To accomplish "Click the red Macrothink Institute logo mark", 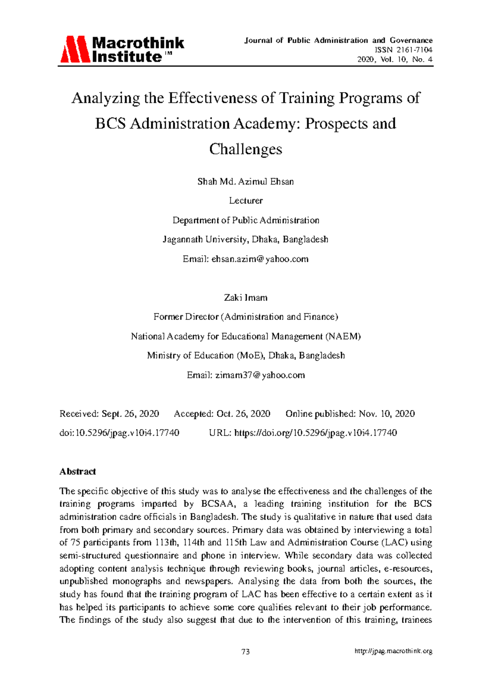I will point(75,49).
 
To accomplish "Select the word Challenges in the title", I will point(246,149).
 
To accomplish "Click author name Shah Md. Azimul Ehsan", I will point(246,182).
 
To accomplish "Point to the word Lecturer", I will point(246,201).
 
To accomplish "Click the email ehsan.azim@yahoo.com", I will point(260,259).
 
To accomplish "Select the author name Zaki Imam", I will point(246,298).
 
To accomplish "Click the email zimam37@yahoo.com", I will point(260,375).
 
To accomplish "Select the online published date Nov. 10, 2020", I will point(387,414).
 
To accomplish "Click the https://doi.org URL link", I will point(315,433).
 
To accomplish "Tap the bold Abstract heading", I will point(77,472).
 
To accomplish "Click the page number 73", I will point(246,652).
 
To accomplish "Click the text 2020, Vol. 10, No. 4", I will point(395,60).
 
